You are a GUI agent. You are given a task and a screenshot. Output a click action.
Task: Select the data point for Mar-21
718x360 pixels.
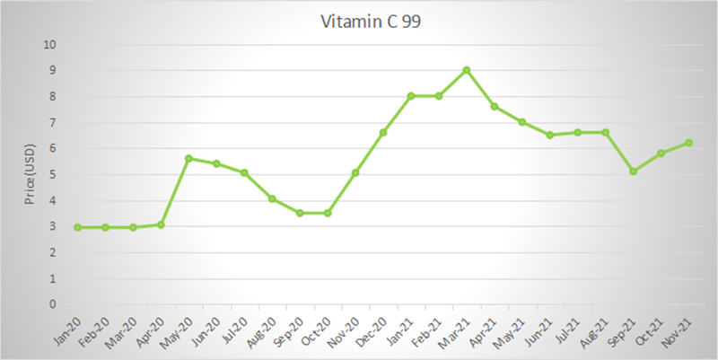[467, 70]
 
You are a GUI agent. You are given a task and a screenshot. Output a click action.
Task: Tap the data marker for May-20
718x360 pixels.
[188, 158]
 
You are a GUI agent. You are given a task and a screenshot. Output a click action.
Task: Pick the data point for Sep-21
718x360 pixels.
[634, 171]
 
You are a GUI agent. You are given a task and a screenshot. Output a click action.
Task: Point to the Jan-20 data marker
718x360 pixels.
[77, 227]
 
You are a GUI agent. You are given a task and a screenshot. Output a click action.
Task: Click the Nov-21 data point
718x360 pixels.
[689, 143]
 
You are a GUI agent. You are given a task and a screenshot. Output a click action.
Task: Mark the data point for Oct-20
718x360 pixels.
[328, 213]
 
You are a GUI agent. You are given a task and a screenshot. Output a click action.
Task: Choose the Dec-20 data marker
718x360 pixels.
[383, 132]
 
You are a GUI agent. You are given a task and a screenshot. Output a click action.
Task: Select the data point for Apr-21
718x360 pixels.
[495, 106]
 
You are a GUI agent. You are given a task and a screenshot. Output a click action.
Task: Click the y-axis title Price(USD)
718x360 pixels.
[30, 174]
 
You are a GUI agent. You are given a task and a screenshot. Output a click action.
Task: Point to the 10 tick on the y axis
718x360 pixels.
[50, 45]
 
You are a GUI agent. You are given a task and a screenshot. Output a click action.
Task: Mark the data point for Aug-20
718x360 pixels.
[272, 198]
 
